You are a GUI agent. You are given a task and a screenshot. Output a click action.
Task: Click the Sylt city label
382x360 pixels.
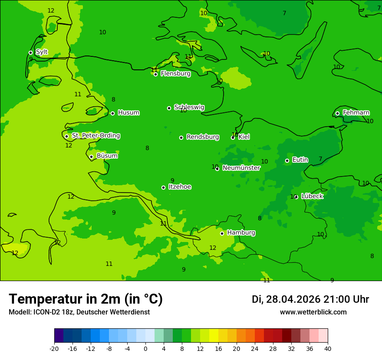click(x=42, y=52)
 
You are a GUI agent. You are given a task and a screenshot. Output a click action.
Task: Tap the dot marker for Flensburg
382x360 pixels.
click(x=155, y=74)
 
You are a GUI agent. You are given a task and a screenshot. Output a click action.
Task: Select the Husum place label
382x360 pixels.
click(x=128, y=113)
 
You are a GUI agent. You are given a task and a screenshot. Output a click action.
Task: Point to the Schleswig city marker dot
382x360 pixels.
click(x=169, y=108)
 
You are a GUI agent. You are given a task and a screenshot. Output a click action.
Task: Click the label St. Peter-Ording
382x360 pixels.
click(x=95, y=136)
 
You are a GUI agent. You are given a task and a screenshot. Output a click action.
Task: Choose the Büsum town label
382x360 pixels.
click(x=107, y=156)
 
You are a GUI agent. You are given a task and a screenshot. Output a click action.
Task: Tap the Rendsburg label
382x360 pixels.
click(x=202, y=137)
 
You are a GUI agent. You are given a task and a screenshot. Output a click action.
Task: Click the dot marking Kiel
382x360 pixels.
click(x=233, y=137)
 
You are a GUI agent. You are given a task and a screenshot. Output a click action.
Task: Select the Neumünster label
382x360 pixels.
click(x=241, y=168)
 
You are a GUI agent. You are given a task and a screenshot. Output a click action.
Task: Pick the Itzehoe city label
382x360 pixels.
click(x=180, y=187)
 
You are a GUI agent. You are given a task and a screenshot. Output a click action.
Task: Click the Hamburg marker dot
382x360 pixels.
click(x=222, y=233)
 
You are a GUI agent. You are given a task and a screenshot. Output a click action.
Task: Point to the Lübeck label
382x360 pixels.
click(x=312, y=196)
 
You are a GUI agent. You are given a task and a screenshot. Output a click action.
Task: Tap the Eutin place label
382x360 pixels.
click(x=300, y=160)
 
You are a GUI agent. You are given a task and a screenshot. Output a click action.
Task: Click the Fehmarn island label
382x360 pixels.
click(x=356, y=113)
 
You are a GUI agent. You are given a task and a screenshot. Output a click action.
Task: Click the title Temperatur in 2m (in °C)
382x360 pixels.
click(x=86, y=299)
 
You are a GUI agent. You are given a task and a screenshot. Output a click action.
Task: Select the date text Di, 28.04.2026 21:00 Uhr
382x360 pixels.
click(x=310, y=299)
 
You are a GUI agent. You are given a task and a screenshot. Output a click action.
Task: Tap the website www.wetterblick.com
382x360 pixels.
click(x=313, y=312)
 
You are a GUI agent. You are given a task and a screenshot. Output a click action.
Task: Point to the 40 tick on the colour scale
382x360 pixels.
click(x=327, y=348)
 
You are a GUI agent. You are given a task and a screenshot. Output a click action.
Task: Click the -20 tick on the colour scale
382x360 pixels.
click(x=54, y=348)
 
